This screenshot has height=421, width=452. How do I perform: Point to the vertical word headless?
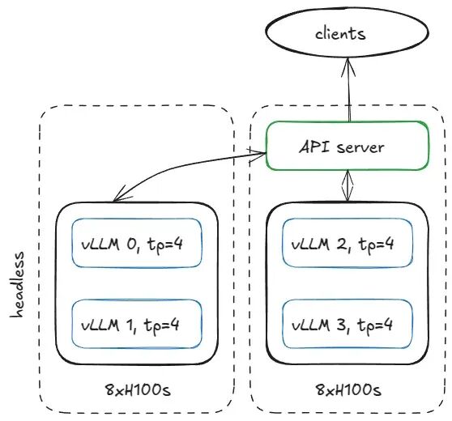(17, 285)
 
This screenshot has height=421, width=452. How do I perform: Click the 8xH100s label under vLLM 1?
(138, 390)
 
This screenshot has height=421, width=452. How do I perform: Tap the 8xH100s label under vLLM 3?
(348, 390)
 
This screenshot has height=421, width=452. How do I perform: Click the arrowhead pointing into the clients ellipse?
(348, 66)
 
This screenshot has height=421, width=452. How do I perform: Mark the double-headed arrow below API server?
(348, 185)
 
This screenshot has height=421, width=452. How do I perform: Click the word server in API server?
(360, 147)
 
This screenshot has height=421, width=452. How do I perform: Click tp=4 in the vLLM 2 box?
(376, 245)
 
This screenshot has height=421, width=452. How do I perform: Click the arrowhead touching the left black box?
(121, 193)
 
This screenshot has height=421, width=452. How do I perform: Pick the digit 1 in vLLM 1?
(130, 325)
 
